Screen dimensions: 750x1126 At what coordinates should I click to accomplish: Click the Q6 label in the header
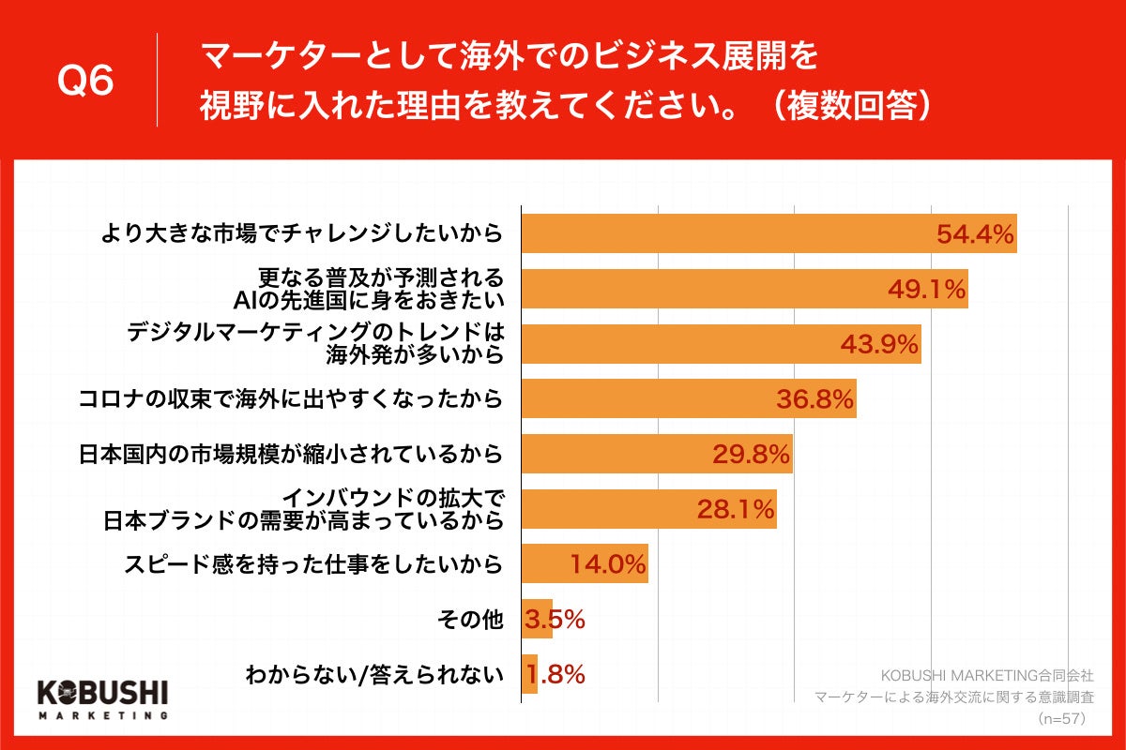[x=85, y=82]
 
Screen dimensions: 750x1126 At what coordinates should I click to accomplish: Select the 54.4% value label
[x=976, y=234]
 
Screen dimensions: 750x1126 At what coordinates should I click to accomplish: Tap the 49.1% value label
[x=927, y=290]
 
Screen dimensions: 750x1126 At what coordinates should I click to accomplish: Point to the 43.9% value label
[x=879, y=345]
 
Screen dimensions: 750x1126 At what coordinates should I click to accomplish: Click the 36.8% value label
[x=814, y=400]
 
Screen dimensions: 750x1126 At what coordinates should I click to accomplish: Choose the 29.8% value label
[x=752, y=456]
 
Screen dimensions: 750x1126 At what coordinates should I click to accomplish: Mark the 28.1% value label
[x=736, y=510]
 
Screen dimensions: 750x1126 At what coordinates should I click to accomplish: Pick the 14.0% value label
[x=608, y=564]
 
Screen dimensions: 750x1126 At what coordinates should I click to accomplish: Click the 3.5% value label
[x=555, y=620]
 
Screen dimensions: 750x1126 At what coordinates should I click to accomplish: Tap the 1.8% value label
[x=555, y=674]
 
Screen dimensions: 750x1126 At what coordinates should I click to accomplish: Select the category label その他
[x=471, y=620]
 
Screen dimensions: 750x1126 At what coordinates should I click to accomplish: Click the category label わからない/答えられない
[x=374, y=674]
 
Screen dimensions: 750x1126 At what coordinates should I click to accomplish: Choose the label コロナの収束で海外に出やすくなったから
[x=290, y=400]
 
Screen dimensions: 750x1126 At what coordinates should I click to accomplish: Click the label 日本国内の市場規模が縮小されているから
[x=290, y=456]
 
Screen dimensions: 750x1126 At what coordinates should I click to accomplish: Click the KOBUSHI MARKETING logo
[x=102, y=697]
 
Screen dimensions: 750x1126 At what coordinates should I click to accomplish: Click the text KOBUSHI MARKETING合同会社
[x=987, y=675]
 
